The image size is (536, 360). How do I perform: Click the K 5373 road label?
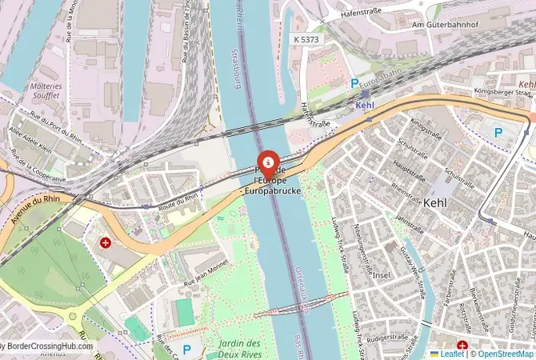(306, 38)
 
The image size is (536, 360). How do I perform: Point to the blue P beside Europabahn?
(354, 82)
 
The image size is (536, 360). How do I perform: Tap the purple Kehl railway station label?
(365, 104)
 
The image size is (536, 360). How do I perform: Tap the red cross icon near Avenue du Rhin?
(105, 242)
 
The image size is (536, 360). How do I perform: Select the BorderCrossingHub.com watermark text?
(46, 347)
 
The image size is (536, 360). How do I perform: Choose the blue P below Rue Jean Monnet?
(186, 350)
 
